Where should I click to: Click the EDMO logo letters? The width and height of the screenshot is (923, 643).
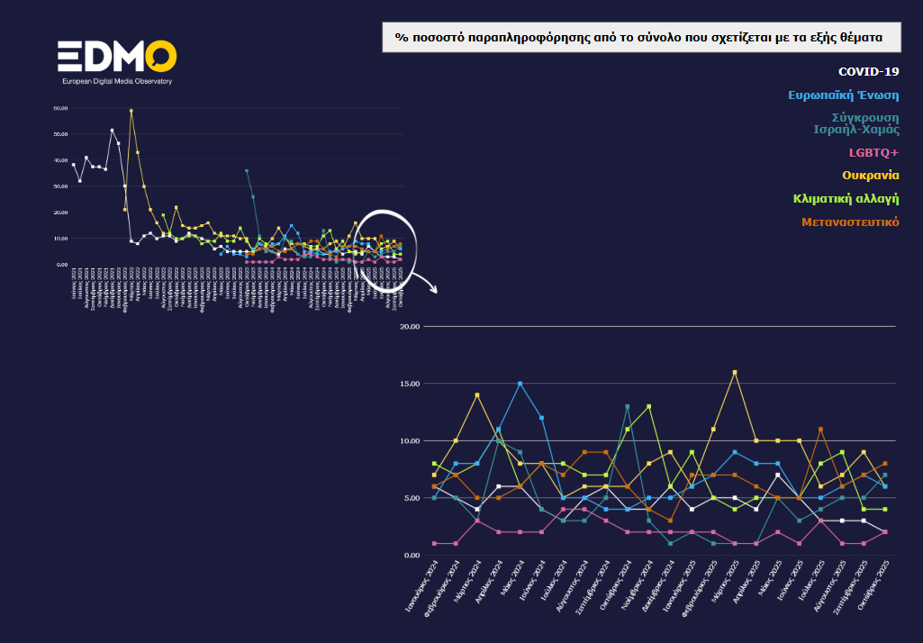tap(116, 58)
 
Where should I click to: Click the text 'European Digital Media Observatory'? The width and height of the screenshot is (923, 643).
tap(116, 81)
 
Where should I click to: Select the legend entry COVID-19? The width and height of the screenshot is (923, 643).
tap(868, 71)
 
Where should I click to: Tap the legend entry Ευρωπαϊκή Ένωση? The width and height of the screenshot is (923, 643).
tap(843, 95)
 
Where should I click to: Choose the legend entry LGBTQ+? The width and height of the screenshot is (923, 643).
tap(873, 152)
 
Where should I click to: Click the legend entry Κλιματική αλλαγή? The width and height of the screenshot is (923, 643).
tap(846, 198)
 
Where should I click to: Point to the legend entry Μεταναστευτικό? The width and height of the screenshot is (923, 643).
tap(850, 222)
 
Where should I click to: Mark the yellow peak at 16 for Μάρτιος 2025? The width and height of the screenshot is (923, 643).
tap(735, 372)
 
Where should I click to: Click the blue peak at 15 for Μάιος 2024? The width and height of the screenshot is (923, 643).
tap(520, 384)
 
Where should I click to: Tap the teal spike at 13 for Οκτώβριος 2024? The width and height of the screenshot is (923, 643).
tap(627, 407)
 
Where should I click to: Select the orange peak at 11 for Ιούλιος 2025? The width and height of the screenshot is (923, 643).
tap(820, 430)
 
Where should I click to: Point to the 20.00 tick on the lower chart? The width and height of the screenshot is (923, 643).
tap(410, 327)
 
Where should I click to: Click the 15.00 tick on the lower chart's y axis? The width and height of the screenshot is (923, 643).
tap(410, 384)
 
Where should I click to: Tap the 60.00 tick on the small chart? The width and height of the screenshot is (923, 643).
tap(60, 108)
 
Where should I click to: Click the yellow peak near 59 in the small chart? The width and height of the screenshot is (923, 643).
tap(131, 111)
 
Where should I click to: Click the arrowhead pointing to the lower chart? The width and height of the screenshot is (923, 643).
tap(434, 291)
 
